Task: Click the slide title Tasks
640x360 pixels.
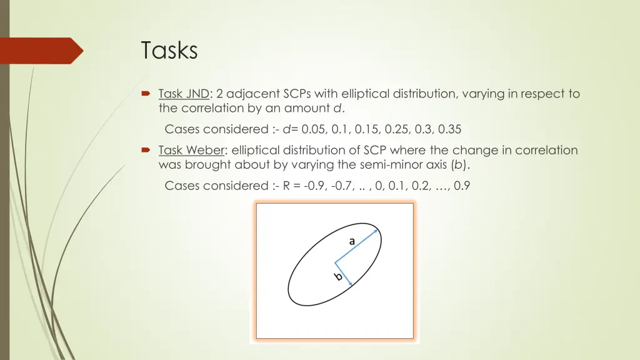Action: [169, 50]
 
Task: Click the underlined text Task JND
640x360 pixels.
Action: [184, 94]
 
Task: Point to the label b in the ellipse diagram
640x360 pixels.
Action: [337, 276]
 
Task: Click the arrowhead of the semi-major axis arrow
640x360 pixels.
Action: [377, 231]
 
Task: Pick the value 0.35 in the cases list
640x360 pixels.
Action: [450, 130]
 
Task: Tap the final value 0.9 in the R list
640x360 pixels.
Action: [462, 186]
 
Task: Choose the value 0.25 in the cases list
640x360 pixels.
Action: [395, 130]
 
